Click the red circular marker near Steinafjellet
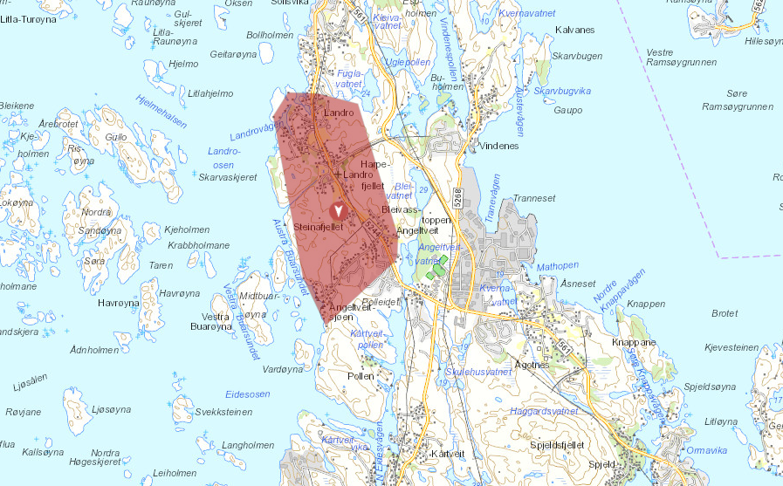point(340,209)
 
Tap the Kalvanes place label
point(574,30)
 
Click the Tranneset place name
point(534,198)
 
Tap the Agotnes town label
point(532,365)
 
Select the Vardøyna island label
point(282,369)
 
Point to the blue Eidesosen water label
point(247,394)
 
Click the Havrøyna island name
point(119,303)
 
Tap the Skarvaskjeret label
point(228,177)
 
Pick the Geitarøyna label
point(234,53)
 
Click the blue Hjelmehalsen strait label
point(162,111)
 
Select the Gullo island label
point(115,137)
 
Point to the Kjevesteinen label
point(732,347)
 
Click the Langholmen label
point(248,445)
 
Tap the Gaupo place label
point(567,110)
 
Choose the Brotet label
point(725,313)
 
